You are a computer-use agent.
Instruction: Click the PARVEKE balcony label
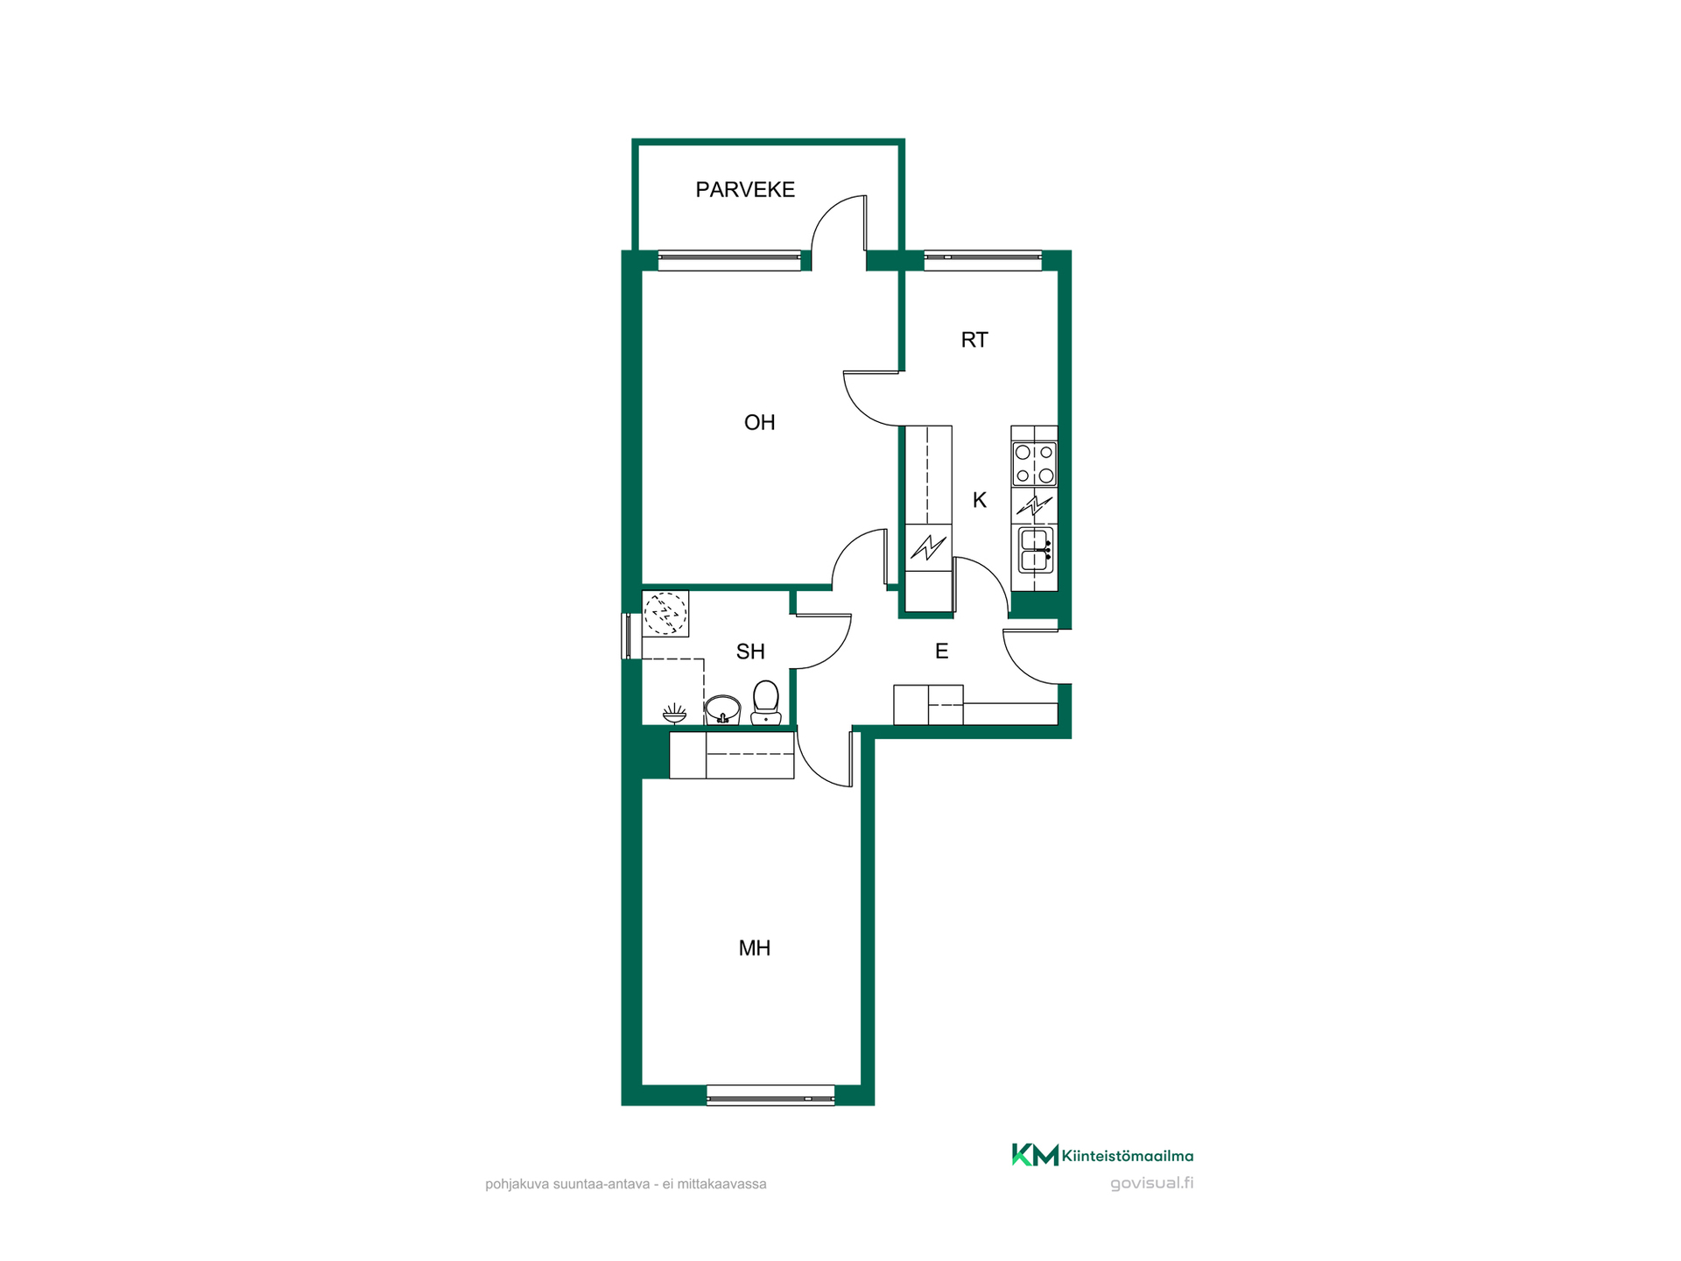[x=745, y=189]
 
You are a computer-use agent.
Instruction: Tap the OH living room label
[x=759, y=423]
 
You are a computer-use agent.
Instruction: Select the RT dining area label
[x=974, y=340]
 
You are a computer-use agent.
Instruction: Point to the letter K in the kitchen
[x=980, y=500]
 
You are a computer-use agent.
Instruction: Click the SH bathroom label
[x=750, y=652]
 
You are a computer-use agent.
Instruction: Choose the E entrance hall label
[x=942, y=651]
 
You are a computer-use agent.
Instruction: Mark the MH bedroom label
[x=755, y=948]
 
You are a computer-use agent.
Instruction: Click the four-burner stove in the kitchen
[x=1034, y=464]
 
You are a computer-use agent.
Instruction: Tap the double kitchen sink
[x=1035, y=550]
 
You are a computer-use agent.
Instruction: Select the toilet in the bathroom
[x=766, y=702]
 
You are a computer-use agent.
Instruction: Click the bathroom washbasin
[x=722, y=709]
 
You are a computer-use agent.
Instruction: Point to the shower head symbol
[x=674, y=713]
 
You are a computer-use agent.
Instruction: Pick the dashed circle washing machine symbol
[x=665, y=613]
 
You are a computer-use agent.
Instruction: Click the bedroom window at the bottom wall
[x=770, y=1095]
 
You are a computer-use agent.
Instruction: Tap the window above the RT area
[x=982, y=260]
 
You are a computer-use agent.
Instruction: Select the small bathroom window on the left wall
[x=627, y=636]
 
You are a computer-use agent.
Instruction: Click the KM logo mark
[x=1035, y=1155]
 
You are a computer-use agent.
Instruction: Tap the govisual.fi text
[x=1151, y=1183]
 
